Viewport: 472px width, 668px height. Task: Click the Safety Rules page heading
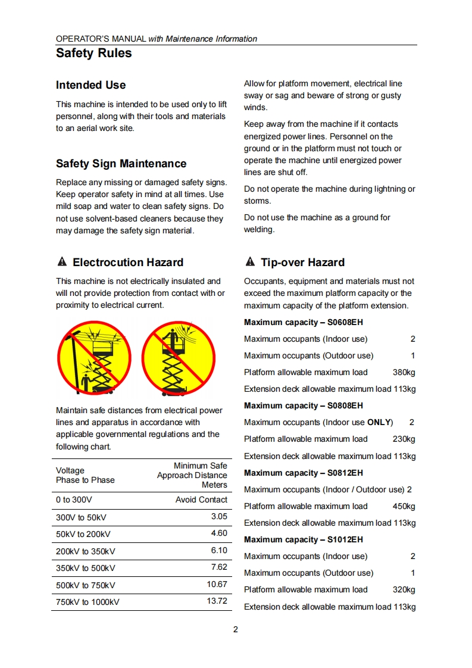[94, 54]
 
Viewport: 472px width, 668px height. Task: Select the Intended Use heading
[90, 85]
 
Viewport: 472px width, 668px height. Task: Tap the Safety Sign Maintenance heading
[121, 164]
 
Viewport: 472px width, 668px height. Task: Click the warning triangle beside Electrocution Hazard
[61, 263]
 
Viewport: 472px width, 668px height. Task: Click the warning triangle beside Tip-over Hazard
[250, 263]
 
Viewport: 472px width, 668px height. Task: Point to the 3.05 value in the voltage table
[219, 516]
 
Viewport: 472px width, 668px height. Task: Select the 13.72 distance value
[217, 601]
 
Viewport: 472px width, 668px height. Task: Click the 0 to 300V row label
[74, 500]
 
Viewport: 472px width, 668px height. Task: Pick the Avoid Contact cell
[201, 500]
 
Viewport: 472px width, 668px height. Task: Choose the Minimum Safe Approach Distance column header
[192, 475]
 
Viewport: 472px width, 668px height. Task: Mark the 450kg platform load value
[404, 506]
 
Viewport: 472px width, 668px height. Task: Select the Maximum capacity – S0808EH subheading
[304, 405]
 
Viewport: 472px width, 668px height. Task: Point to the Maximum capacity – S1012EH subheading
[304, 539]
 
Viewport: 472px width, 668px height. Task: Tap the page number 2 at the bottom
[236, 629]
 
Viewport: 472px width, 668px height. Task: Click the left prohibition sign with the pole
[94, 358]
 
